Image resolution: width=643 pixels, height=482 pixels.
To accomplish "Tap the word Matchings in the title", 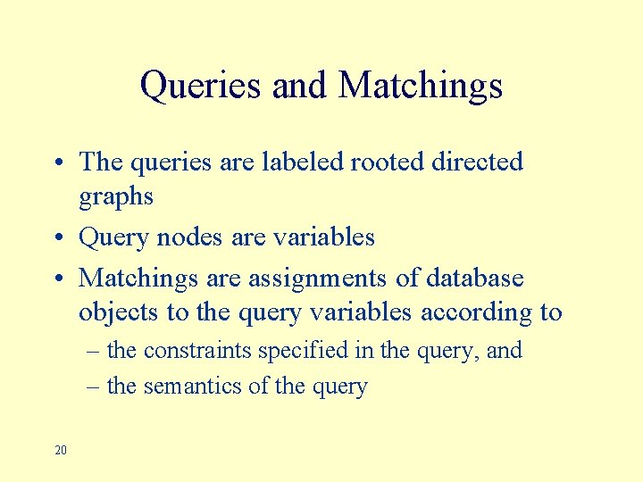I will click(421, 87).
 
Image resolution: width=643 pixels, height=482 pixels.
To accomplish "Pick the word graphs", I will click(116, 197).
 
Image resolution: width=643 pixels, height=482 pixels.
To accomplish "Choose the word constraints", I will click(197, 350).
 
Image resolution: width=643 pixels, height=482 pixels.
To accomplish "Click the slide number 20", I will click(60, 450).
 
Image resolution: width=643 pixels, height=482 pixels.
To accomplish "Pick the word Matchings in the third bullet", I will click(138, 278).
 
